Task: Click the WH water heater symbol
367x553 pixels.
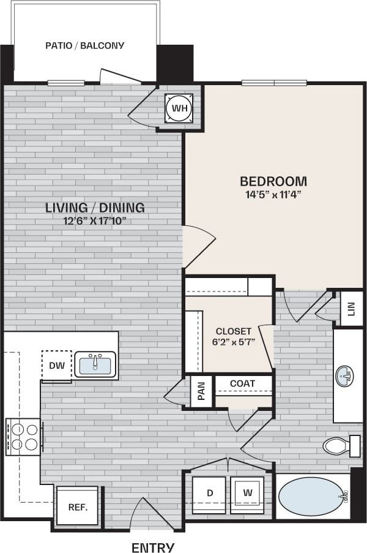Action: tap(179, 108)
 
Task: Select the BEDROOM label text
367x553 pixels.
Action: tap(273, 181)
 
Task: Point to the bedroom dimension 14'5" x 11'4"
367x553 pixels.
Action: tap(273, 195)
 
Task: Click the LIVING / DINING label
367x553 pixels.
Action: tap(95, 207)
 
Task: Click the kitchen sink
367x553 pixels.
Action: tap(95, 364)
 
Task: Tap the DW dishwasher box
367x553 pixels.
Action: tap(56, 366)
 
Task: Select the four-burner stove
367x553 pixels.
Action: tap(23, 436)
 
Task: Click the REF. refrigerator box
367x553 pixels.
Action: tap(77, 506)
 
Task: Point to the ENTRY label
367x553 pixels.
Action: tap(153, 547)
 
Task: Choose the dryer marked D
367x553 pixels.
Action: tap(210, 492)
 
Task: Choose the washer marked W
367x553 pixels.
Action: tap(248, 492)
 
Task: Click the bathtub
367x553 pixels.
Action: tap(311, 495)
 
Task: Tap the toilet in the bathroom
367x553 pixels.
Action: tap(340, 445)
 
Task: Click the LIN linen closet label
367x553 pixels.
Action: tap(350, 309)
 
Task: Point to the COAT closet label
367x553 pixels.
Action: tap(243, 383)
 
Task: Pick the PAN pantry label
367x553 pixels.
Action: tap(202, 390)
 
